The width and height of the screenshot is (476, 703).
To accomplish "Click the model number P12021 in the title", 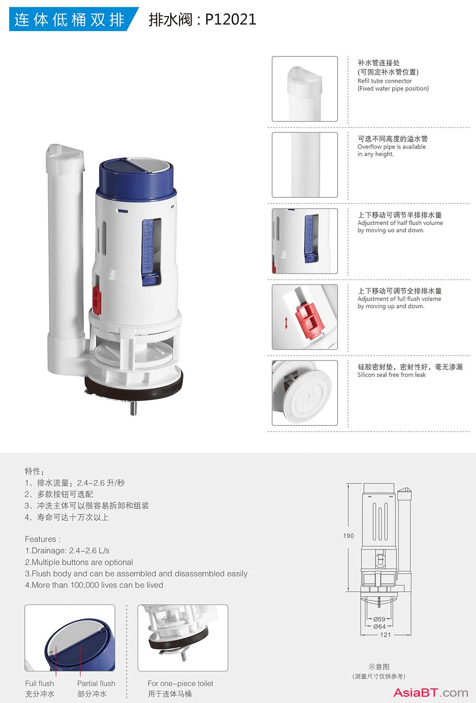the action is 230,19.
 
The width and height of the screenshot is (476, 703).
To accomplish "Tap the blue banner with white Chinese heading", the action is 74,19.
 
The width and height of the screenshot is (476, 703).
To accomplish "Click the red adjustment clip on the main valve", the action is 97,300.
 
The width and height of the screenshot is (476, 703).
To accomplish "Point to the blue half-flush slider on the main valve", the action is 150,253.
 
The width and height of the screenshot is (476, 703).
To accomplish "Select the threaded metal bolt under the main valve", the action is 133,408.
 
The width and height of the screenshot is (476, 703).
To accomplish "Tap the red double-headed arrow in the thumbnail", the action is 286,323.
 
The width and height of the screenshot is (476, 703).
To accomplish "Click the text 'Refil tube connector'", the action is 384,81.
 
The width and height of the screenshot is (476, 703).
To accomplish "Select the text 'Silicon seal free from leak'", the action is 392,375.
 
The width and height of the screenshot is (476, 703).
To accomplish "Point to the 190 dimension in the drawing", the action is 348,536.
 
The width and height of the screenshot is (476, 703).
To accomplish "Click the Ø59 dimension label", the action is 379,619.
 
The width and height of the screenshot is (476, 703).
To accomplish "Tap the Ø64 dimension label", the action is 379,626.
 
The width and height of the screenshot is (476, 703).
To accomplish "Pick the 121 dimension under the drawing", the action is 385,635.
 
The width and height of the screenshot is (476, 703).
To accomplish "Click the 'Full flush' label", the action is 39,683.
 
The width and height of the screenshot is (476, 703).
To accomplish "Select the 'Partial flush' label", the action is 96,683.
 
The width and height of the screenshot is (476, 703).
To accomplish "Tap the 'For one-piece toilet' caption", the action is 181,683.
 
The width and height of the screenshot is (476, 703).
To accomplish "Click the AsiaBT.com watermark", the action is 431,692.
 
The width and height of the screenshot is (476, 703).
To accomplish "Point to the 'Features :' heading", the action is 43,539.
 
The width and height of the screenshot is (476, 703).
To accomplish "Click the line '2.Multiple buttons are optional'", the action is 79,562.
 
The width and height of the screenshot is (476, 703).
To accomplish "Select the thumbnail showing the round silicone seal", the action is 305,393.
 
